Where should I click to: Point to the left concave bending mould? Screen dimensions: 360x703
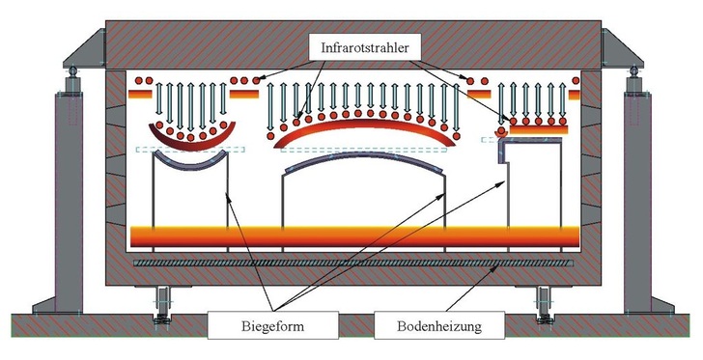click(x=187, y=165)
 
